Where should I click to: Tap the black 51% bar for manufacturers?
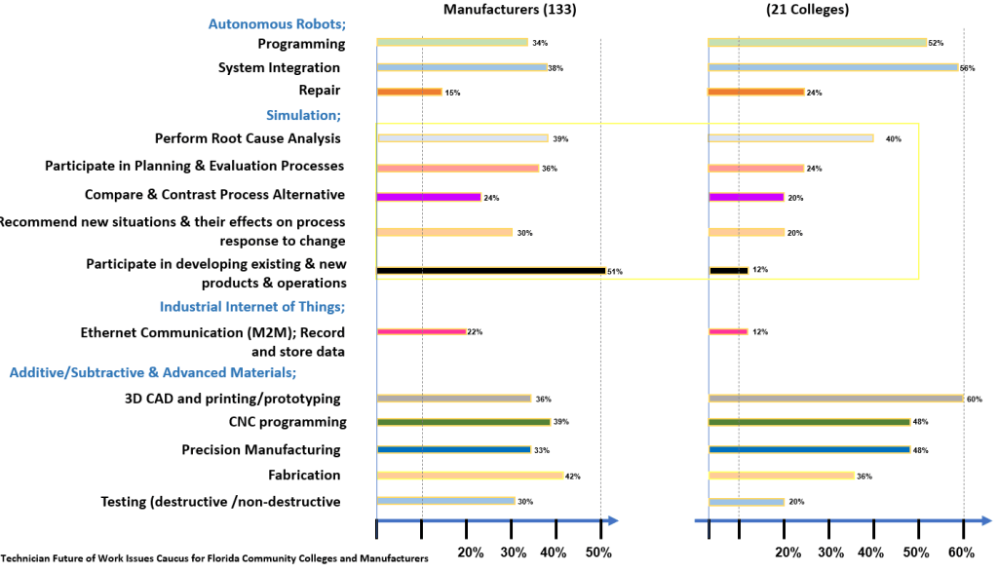point(490,270)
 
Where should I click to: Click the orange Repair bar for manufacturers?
point(409,92)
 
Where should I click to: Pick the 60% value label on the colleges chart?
point(974,399)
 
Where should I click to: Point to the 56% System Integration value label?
point(967,68)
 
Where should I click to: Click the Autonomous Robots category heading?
point(277,24)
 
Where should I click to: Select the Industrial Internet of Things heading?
point(252,307)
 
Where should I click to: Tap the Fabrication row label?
point(304,475)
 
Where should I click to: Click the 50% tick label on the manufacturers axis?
point(597,553)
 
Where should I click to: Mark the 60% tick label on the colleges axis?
point(963,553)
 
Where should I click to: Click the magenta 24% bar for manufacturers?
point(429,197)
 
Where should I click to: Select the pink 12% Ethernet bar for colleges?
point(728,331)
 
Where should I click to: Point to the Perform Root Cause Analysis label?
point(248,138)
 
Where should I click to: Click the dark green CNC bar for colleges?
point(809,422)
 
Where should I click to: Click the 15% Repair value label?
point(452,93)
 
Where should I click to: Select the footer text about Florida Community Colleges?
point(214,558)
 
